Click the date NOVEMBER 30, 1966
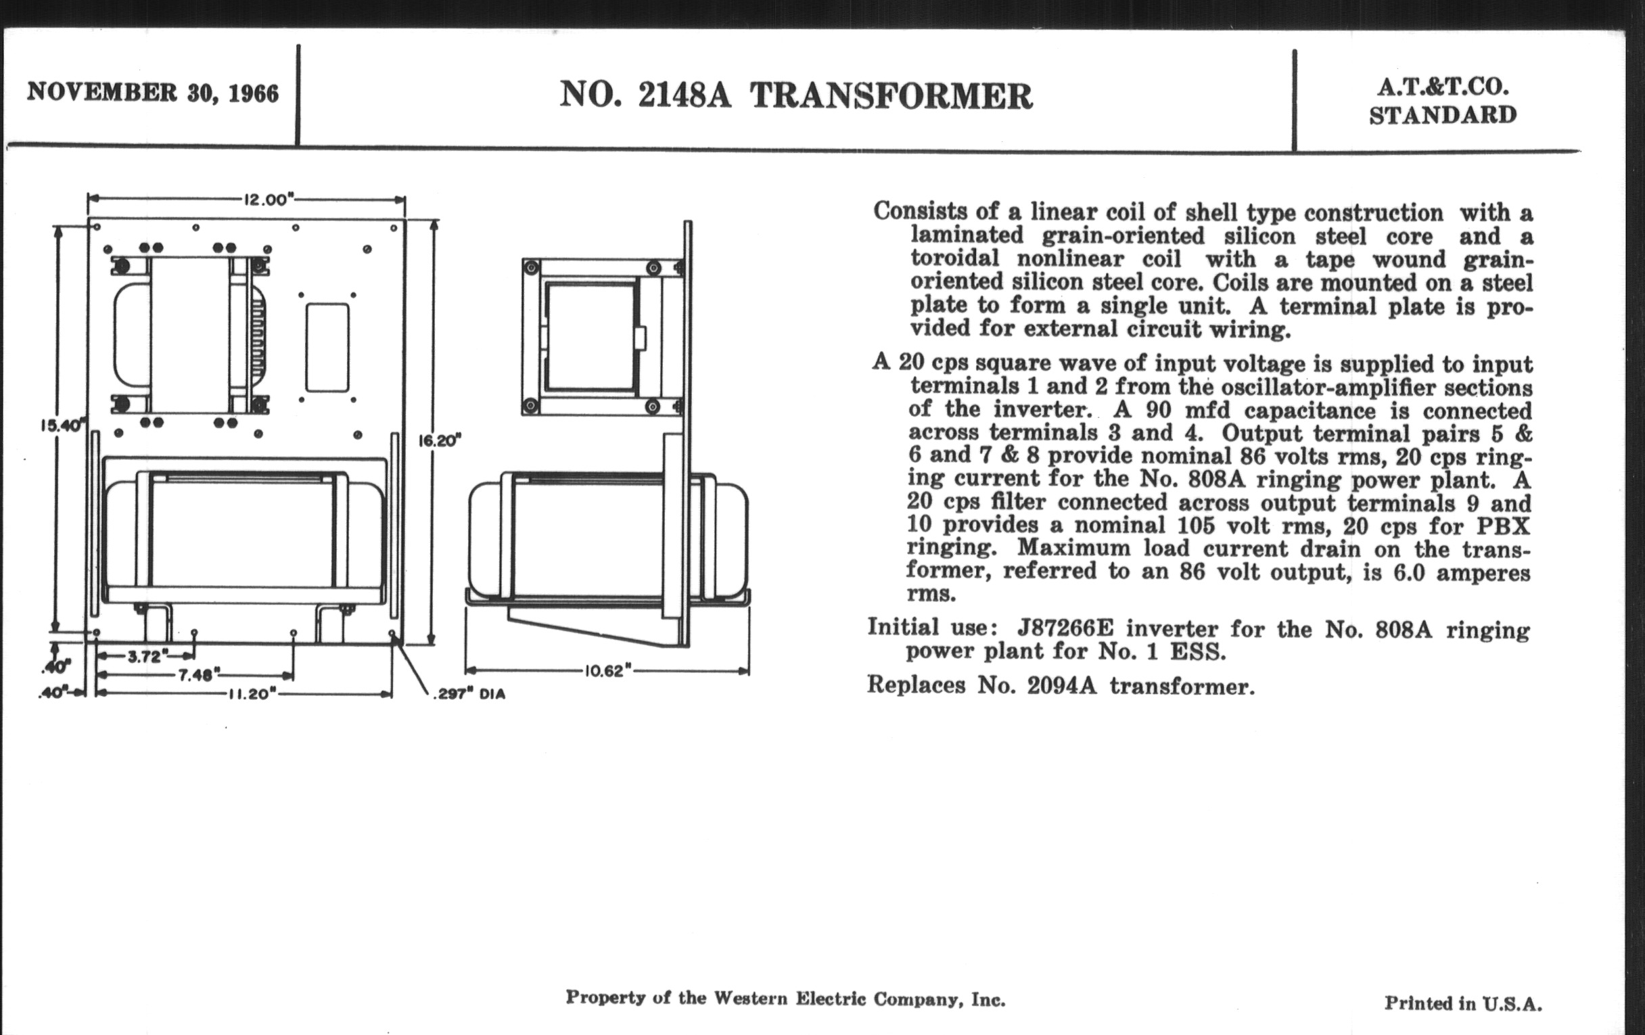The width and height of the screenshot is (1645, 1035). [152, 93]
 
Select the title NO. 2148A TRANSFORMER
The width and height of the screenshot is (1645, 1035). [796, 95]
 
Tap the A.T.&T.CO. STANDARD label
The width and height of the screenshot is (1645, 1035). [1442, 101]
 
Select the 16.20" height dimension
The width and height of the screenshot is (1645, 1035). [439, 440]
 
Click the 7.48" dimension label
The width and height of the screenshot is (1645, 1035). [196, 675]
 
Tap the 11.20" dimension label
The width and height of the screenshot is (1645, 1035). [252, 694]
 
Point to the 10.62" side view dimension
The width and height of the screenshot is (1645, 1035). [604, 671]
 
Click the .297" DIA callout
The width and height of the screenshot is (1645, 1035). [469, 695]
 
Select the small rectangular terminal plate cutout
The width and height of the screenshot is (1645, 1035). [327, 348]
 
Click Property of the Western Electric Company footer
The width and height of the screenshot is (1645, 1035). [785, 998]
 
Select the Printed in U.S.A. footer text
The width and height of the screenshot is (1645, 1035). [1462, 1003]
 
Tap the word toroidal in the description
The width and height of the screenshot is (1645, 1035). [954, 258]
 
